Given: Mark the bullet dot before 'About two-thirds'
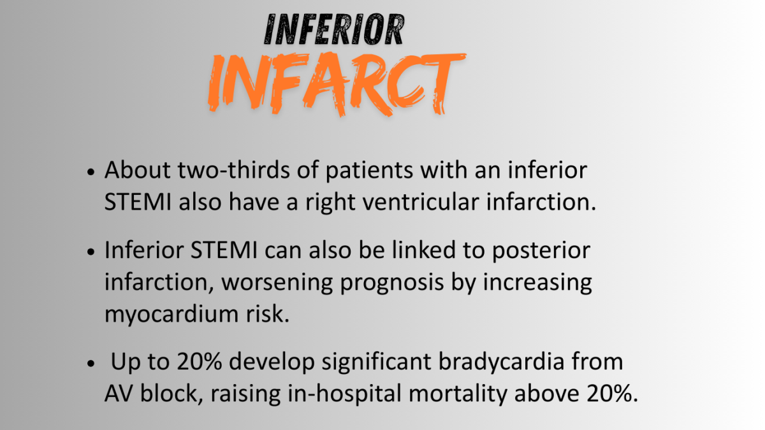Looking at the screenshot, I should pyautogui.click(x=91, y=172).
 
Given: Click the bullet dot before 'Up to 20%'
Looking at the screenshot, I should pyautogui.click(x=91, y=363).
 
